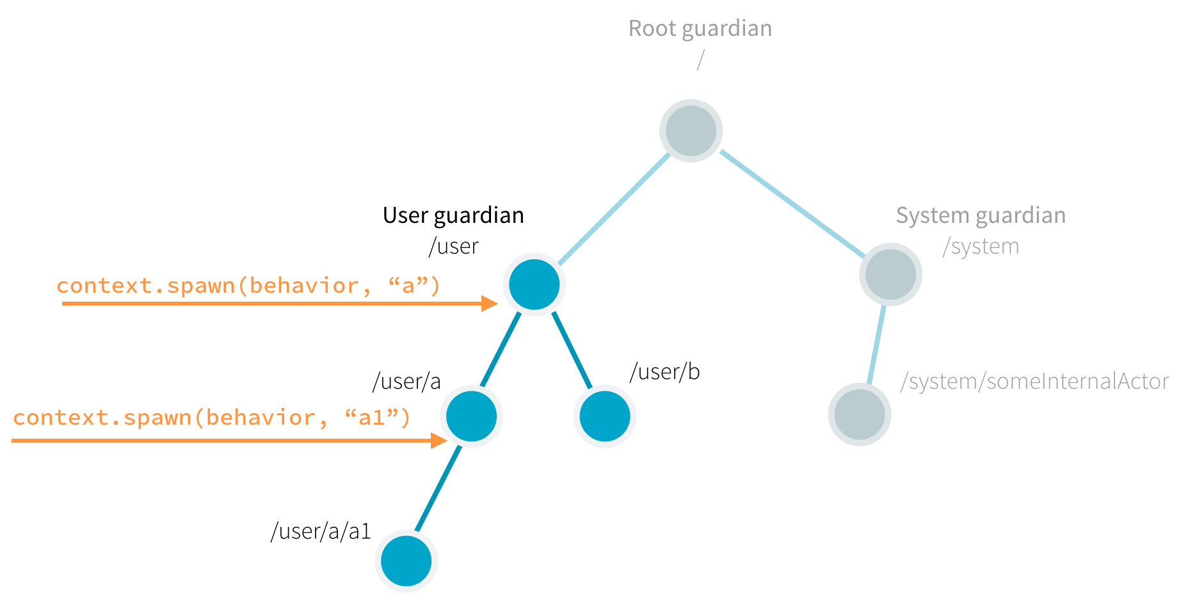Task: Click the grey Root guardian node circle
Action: [x=691, y=131]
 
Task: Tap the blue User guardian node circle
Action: [x=534, y=284]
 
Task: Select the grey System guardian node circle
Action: [x=890, y=274]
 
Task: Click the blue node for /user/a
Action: [x=471, y=416]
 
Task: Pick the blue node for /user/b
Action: [x=604, y=416]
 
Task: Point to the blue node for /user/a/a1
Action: [x=406, y=561]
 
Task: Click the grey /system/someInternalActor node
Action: [x=859, y=414]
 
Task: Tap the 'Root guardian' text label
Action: [x=700, y=29]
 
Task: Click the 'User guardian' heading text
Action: [x=453, y=215]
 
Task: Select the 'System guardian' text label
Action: [x=980, y=215]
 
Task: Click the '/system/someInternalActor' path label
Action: [x=1034, y=382]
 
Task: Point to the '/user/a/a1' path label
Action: [x=321, y=532]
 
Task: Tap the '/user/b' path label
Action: [x=664, y=372]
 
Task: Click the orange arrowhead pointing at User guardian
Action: [x=490, y=304]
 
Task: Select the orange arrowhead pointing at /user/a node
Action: [x=439, y=441]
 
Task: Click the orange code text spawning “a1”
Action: [x=211, y=418]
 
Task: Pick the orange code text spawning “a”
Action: [x=248, y=286]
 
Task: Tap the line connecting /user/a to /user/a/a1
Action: [x=439, y=488]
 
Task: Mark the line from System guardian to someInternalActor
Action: [x=876, y=345]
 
